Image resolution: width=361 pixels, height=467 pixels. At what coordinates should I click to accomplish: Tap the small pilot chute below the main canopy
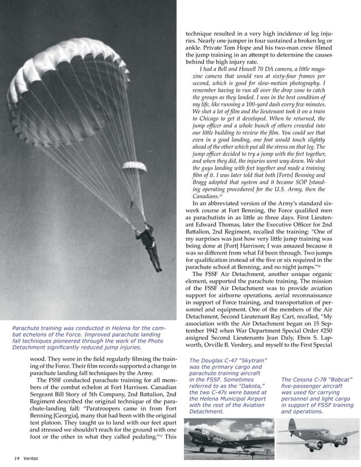(x=134, y=167)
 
